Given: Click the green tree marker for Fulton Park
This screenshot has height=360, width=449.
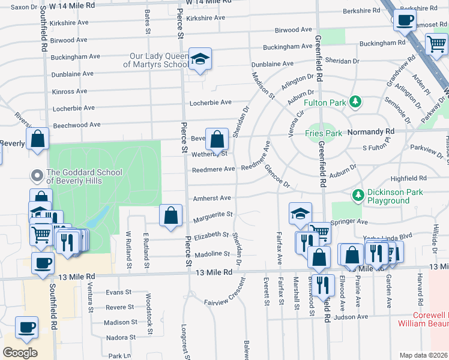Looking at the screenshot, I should click(x=357, y=102).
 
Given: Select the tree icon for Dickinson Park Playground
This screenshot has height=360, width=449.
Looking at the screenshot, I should click(x=358, y=195).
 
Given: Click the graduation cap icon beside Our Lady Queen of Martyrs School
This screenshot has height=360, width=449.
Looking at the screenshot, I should click(x=201, y=59).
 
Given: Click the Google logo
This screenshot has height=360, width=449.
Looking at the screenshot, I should click(x=20, y=352).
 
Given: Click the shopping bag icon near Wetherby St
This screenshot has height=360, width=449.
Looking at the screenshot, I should click(x=217, y=139).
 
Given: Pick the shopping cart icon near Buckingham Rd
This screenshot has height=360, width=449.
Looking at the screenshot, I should click(x=436, y=43).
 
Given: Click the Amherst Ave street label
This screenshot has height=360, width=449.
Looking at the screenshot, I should click(x=211, y=198).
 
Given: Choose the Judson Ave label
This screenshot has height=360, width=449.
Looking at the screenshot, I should click(x=350, y=317).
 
